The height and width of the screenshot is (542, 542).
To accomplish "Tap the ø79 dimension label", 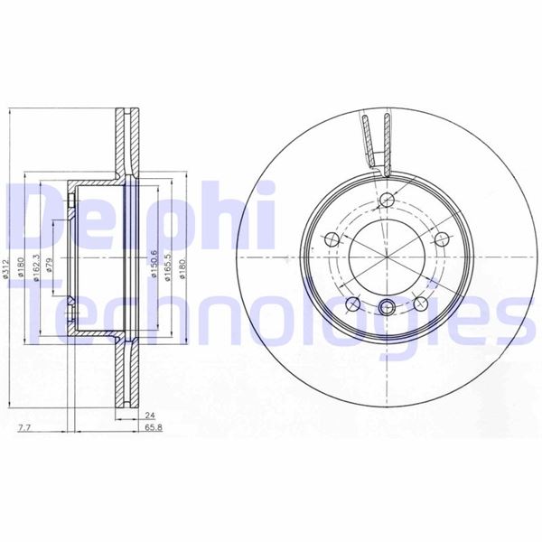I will click(51, 268).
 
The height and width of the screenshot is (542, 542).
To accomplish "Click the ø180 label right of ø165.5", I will click(184, 268).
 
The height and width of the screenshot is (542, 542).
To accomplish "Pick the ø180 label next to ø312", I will click(22, 267).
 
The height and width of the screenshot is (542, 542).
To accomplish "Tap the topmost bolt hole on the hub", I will click(388, 201).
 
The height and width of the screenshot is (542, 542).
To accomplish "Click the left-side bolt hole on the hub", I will click(331, 238).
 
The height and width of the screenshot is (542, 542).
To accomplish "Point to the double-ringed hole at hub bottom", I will click(387, 304).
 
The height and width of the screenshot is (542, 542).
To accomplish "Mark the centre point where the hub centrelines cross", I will click(387, 254).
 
